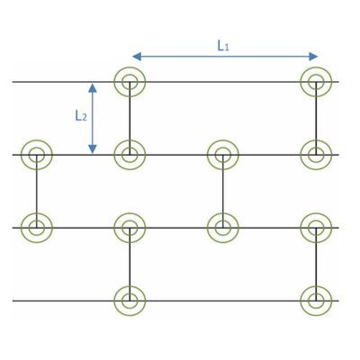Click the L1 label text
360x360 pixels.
[x=223, y=46]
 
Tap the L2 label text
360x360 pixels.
[x=81, y=115]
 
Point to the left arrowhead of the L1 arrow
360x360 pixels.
[x=137, y=57]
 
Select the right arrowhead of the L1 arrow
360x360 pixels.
[x=313, y=57]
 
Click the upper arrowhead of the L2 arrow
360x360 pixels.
[x=93, y=87]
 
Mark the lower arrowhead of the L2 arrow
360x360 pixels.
[x=93, y=148]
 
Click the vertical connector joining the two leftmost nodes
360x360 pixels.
[x=37, y=192]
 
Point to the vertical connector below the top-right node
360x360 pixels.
[x=316, y=118]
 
